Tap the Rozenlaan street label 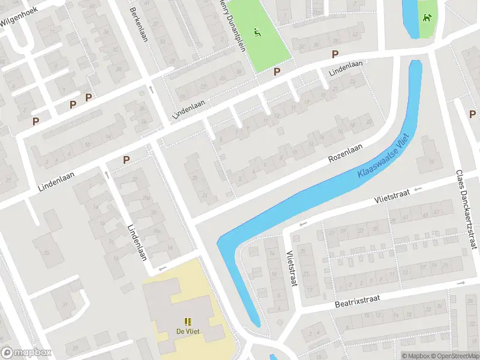(x=346, y=153)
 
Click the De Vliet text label (x=188, y=331)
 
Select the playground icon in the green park (x=258, y=31)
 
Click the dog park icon (x=427, y=17)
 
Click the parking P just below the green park (x=277, y=71)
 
